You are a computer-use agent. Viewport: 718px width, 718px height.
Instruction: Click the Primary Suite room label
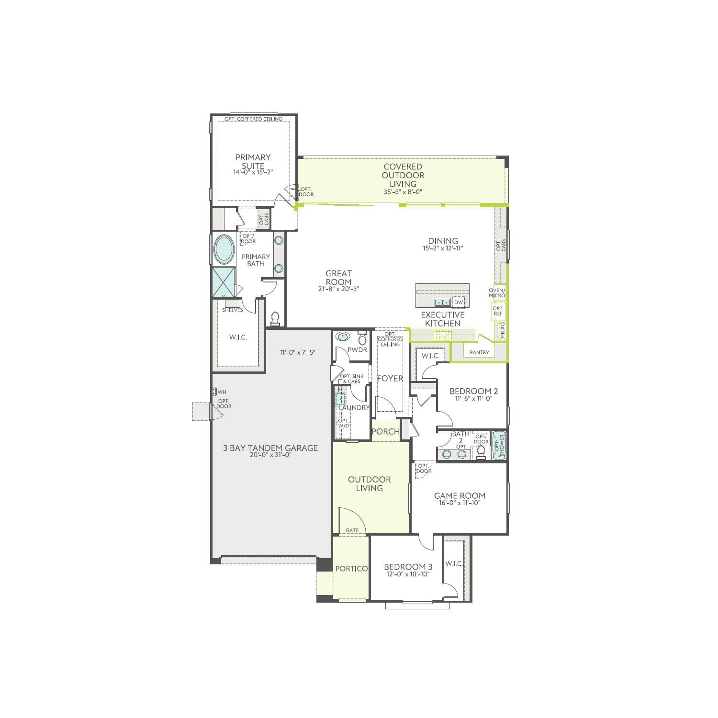[253, 161]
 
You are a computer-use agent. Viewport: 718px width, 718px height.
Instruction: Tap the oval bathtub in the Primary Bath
[224, 249]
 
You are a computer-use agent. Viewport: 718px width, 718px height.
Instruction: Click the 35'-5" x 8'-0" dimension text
[403, 192]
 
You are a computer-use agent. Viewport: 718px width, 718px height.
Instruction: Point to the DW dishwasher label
[459, 303]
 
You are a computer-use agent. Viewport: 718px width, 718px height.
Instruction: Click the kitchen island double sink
[442, 303]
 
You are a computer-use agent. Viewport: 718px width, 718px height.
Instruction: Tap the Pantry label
[479, 352]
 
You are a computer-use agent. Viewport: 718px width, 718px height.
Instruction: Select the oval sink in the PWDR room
[342, 337]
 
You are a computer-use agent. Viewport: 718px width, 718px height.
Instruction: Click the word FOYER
[390, 379]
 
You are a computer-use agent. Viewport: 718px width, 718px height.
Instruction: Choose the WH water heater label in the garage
[222, 393]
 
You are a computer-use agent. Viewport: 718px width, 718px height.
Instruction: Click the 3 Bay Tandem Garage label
[270, 448]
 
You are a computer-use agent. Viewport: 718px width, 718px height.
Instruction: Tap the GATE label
[352, 530]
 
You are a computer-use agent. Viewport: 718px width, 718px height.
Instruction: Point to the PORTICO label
[351, 569]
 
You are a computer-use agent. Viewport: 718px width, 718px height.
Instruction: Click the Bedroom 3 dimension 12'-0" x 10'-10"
[408, 574]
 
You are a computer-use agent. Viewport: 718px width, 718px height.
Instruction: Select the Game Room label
[460, 496]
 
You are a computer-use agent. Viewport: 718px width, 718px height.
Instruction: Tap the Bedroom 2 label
[471, 391]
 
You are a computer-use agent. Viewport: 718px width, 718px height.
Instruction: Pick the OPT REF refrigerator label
[497, 311]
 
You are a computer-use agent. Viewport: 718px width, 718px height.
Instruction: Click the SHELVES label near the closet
[232, 310]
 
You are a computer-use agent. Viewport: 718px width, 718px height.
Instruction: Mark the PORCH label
[385, 431]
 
